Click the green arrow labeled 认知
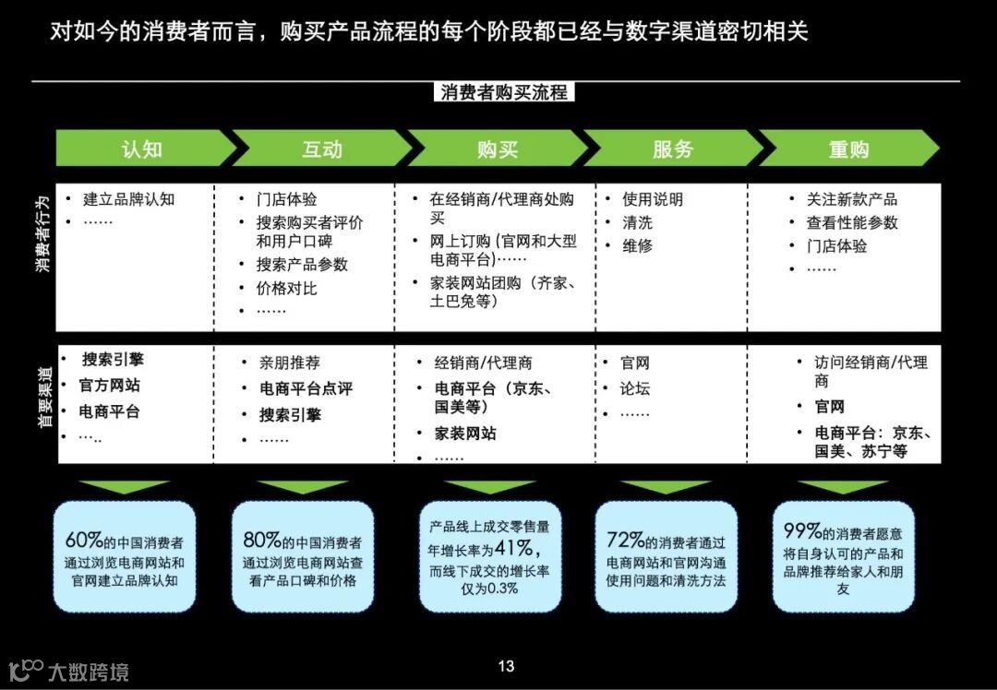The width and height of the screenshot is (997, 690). [142, 149]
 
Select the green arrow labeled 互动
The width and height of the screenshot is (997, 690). [321, 149]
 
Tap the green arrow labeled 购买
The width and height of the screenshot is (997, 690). [498, 149]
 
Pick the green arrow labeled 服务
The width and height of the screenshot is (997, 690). [672, 149]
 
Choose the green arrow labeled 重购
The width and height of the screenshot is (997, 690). [848, 149]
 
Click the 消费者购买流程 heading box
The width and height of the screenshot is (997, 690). [504, 92]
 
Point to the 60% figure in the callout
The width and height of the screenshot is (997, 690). [83, 540]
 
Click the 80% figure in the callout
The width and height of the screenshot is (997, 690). [261, 540]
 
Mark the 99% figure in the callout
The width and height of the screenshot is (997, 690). [802, 531]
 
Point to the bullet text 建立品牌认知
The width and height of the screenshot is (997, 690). [128, 199]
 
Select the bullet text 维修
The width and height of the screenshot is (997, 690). [637, 246]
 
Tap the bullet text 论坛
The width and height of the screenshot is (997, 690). [635, 388]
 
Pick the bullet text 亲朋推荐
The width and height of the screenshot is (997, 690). [290, 363]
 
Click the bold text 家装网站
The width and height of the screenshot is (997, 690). [465, 433]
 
